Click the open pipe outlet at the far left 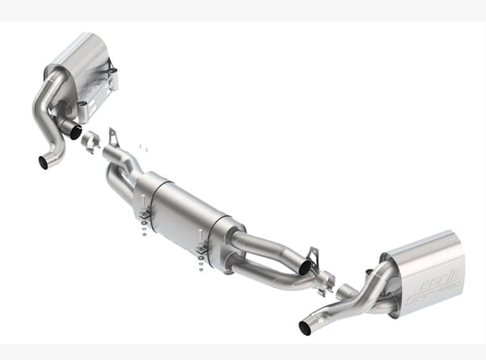pos(44,162)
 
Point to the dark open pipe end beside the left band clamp pos(74,131)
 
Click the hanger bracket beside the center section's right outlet pos(313,255)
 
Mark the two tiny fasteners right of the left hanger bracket pos(140,149)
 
